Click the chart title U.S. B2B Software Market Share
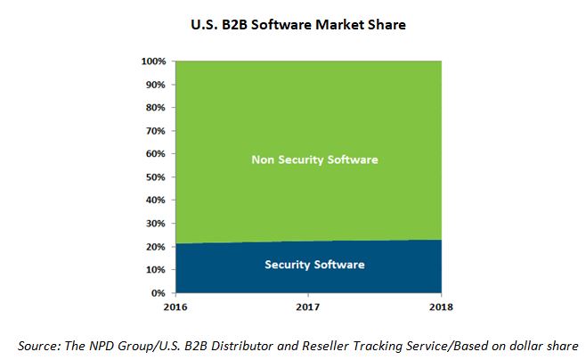point(299,25)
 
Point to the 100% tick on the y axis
point(154,61)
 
